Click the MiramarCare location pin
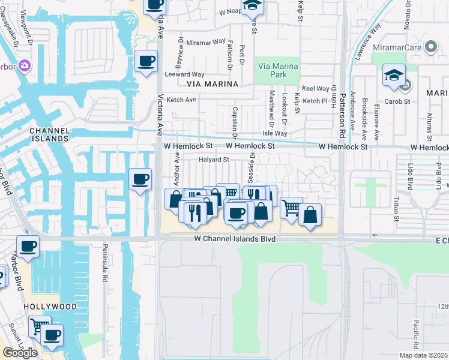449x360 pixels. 430,47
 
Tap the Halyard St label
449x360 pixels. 214,160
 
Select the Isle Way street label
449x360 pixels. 275,133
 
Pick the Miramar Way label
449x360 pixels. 205,43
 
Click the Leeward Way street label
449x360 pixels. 186,74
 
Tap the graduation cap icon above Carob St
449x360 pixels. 393,75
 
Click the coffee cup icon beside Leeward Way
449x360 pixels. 146,61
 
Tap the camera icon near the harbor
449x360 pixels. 25,65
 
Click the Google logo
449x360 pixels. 20,353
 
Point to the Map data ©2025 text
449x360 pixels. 423,355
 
